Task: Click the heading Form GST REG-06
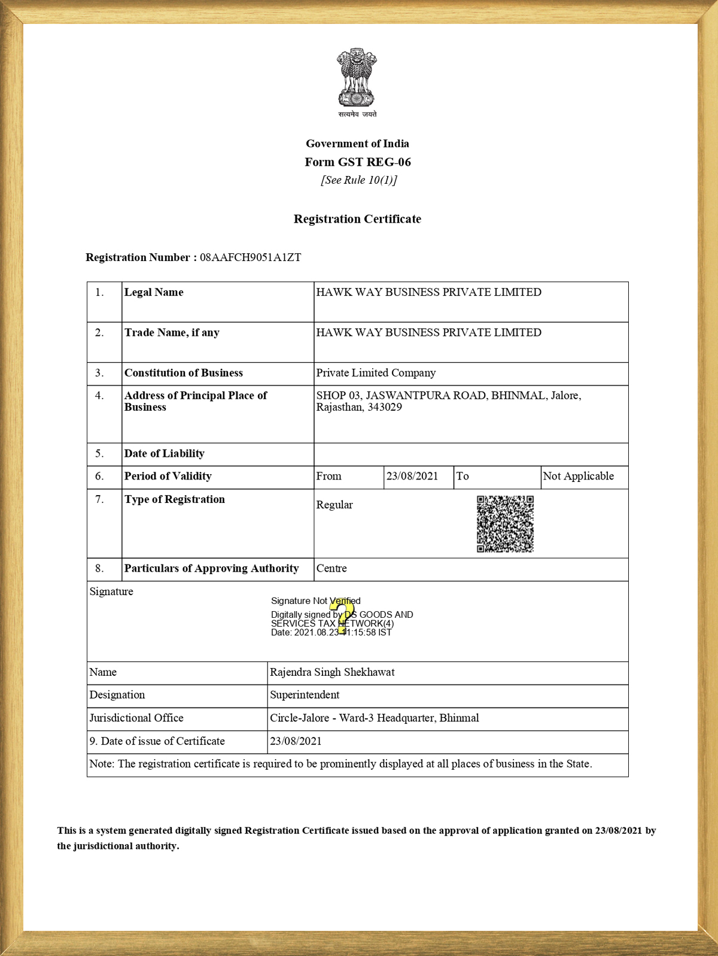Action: click(357, 162)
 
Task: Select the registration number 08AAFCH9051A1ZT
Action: click(250, 257)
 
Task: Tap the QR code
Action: click(505, 524)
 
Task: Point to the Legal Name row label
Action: click(154, 292)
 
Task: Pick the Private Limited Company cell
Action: click(376, 373)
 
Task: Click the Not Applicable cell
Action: click(578, 477)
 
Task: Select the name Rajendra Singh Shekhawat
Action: click(332, 672)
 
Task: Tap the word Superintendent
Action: click(305, 695)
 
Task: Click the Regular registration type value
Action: click(334, 505)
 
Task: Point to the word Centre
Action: click(331, 569)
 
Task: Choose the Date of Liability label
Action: click(165, 454)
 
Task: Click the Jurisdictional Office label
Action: click(136, 718)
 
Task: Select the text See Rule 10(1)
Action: click(358, 180)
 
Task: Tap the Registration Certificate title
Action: click(357, 219)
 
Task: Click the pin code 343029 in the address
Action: click(384, 408)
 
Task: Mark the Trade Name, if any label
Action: click(172, 333)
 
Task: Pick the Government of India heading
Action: click(357, 144)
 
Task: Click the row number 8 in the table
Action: click(99, 569)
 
